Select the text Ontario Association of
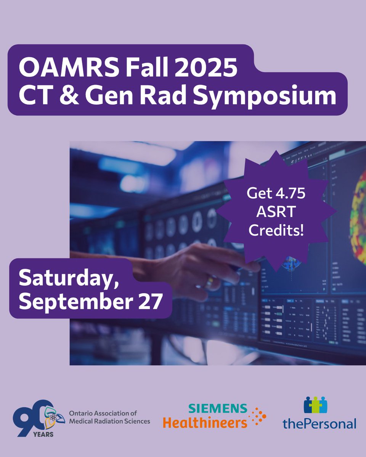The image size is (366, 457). click(x=103, y=413)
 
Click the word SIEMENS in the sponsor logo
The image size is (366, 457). click(x=217, y=409)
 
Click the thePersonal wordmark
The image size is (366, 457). click(x=319, y=423)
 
